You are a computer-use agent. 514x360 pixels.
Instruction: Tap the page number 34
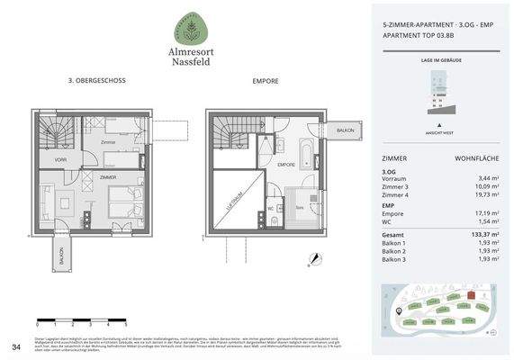click(15, 346)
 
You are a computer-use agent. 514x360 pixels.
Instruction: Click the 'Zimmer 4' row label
click(396, 194)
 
